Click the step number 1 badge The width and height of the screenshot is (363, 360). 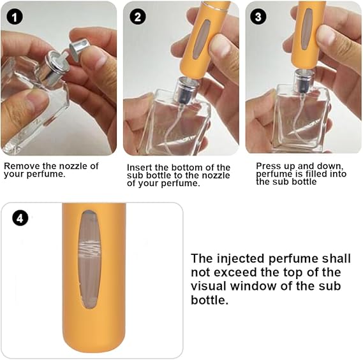tap(14, 17)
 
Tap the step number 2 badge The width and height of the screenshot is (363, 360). tap(137, 17)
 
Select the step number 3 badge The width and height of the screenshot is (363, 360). tap(258, 17)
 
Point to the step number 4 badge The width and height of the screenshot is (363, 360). tap(21, 218)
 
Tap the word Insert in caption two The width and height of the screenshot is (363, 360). tap(140, 167)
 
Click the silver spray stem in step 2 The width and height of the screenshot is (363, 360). tap(181, 90)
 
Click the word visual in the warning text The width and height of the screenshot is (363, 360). tap(210, 286)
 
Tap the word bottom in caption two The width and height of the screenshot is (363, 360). tap(186, 167)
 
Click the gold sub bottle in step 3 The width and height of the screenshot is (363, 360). tap(309, 35)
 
